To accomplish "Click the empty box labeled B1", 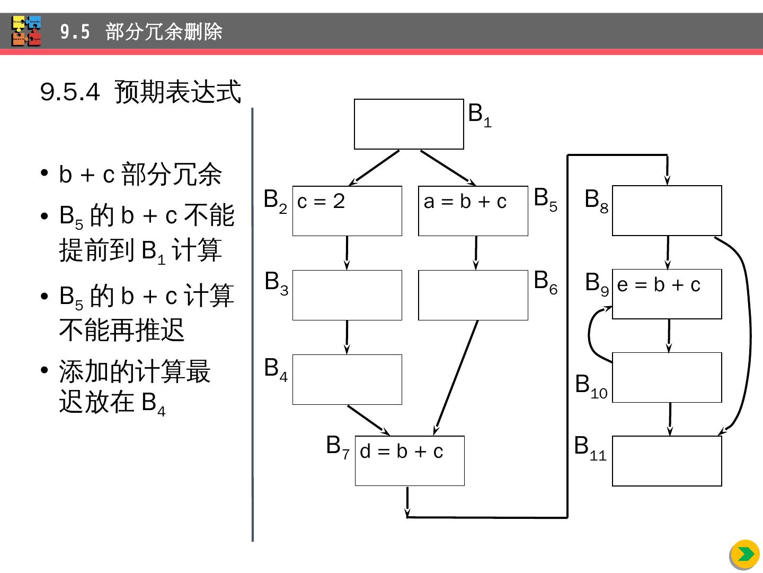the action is point(409,124).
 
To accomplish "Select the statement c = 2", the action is point(321,201).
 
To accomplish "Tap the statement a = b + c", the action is point(465,202).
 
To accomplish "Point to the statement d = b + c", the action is point(401,452).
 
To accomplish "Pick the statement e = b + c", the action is point(659,285).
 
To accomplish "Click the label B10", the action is point(591,385).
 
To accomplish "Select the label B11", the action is point(590,447).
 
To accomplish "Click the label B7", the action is point(338,447).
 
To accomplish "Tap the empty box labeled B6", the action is point(473,295).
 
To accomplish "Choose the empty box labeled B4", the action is point(347,379).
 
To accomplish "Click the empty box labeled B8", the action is point(667,211).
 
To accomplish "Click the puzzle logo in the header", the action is point(26,31).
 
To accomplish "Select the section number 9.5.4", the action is point(70,92).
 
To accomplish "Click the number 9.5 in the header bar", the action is point(75,32).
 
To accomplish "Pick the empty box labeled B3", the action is point(347,295).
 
